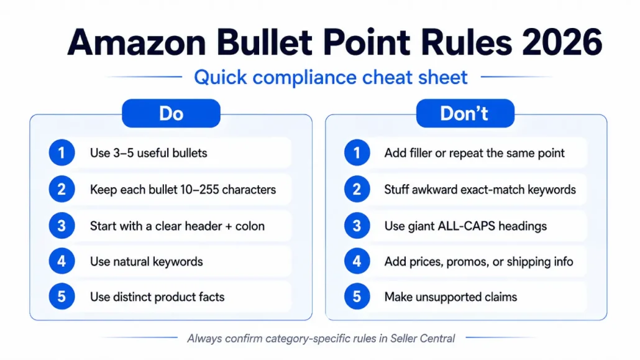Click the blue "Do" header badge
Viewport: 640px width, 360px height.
click(171, 113)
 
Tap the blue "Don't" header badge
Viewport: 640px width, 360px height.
click(465, 113)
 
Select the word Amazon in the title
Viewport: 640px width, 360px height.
click(137, 42)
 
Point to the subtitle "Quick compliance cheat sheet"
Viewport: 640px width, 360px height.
click(331, 77)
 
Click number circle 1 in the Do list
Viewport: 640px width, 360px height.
click(62, 153)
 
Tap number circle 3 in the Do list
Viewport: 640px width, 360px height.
click(62, 226)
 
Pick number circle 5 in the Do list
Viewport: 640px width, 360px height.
click(62, 296)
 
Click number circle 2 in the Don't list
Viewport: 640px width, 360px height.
click(357, 189)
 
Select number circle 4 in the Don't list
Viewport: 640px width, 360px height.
click(357, 261)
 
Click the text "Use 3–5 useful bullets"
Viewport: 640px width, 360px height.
click(149, 153)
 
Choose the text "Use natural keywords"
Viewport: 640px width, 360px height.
click(147, 262)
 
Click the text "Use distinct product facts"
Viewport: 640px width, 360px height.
click(157, 297)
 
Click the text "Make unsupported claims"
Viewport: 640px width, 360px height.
click(450, 297)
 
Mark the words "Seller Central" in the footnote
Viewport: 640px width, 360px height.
click(423, 338)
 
